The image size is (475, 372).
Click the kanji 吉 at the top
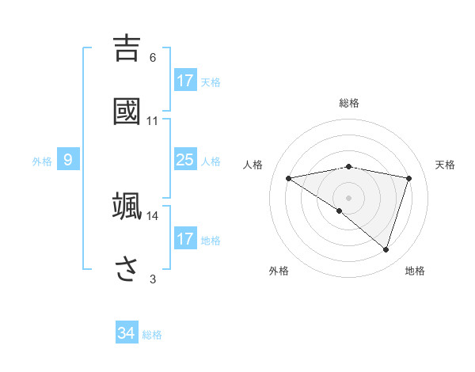click(127, 47)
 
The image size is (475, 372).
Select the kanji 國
click(127, 111)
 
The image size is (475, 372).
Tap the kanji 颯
click(127, 206)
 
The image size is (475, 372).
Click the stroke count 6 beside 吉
click(153, 58)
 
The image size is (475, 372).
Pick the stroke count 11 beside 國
click(153, 121)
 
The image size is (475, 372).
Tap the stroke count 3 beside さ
click(153, 279)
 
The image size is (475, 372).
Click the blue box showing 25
click(185, 160)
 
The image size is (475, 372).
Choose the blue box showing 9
click(68, 160)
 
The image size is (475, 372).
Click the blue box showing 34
click(127, 333)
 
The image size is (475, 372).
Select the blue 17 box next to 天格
click(185, 81)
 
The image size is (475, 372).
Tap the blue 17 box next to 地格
click(185, 239)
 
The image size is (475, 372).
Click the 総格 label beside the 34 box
click(152, 335)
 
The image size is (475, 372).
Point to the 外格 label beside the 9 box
click(42, 161)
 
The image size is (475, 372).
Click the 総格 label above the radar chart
click(349, 103)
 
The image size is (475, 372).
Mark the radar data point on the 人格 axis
click(289, 178)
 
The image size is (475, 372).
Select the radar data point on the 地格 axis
click(386, 249)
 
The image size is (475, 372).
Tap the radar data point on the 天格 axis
click(409, 178)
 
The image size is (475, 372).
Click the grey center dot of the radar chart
click(349, 197)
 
